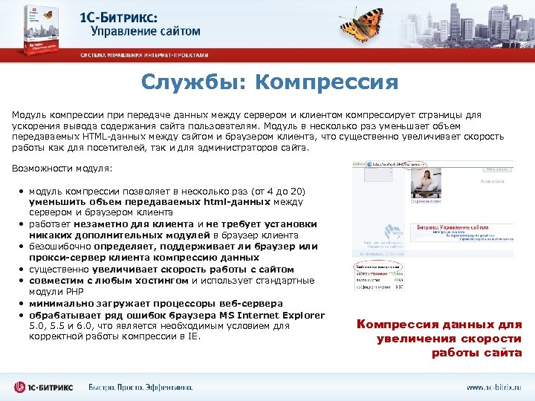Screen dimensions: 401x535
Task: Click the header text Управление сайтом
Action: coord(145,31)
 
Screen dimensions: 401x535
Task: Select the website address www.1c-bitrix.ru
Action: coord(493,387)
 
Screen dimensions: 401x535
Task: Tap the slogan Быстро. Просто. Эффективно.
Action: coord(140,387)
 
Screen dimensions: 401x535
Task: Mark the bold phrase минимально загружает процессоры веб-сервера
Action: coord(155,304)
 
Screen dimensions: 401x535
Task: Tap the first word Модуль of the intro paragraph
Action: coord(27,115)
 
